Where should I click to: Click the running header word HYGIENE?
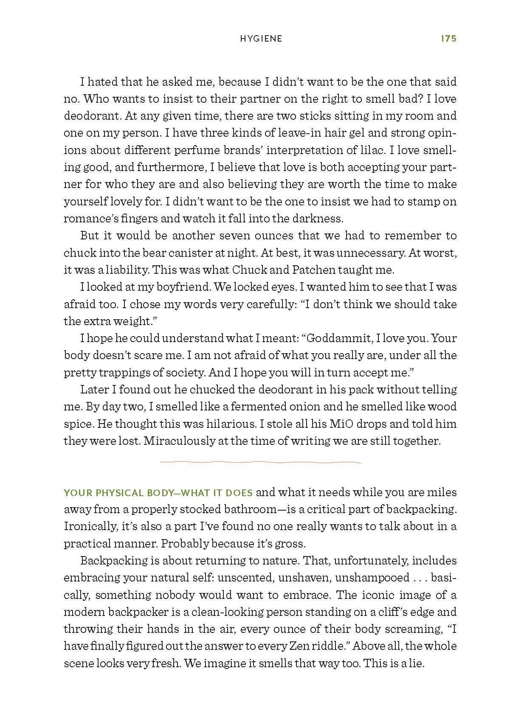pyautogui.click(x=261, y=39)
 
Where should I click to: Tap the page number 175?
pyautogui.click(x=448, y=39)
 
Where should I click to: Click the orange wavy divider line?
pyautogui.click(x=260, y=462)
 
